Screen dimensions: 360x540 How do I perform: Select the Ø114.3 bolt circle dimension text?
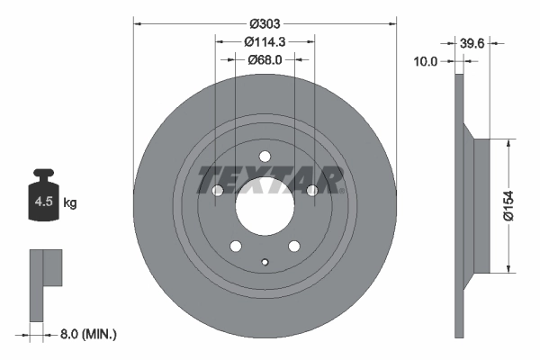tap(265, 41)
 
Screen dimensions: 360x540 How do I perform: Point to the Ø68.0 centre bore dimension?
tap(265, 60)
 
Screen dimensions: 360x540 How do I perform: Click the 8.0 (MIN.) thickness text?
tap(88, 334)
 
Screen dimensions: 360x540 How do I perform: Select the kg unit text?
tap(70, 203)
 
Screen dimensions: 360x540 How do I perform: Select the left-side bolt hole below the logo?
tap(217, 190)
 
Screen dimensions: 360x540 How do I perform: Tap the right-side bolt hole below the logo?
tap(312, 190)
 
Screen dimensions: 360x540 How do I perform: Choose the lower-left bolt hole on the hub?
tap(236, 247)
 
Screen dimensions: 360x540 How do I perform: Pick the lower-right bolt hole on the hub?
tap(293, 247)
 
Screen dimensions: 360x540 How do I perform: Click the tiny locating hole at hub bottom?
tap(265, 263)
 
